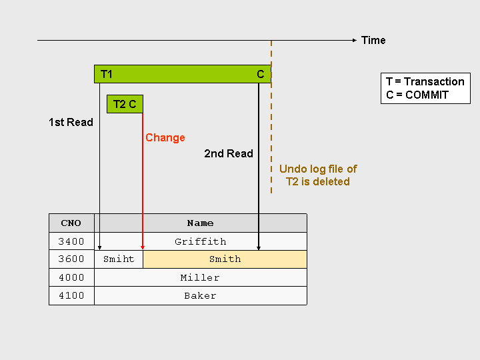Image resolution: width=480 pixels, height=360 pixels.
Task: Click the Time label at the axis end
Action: pyautogui.click(x=373, y=40)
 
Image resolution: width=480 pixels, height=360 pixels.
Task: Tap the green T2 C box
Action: pyautogui.click(x=125, y=104)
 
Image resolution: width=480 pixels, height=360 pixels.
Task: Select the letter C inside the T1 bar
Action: pyautogui.click(x=261, y=74)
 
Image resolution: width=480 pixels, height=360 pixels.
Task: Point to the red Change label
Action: pyautogui.click(x=165, y=137)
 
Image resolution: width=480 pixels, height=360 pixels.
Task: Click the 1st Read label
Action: pyautogui.click(x=71, y=122)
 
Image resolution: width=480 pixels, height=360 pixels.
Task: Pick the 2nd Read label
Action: pyautogui.click(x=229, y=153)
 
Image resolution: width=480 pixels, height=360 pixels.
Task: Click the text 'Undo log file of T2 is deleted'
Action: pyautogui.click(x=318, y=175)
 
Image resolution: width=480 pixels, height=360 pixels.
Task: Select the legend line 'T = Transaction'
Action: pyautogui.click(x=425, y=81)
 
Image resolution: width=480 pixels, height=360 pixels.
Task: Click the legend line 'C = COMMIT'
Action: pyautogui.click(x=417, y=95)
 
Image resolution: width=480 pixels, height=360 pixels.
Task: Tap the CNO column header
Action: pyautogui.click(x=71, y=223)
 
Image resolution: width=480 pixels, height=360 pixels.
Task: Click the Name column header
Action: pyautogui.click(x=200, y=223)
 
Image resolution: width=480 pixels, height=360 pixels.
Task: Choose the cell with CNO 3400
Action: pyautogui.click(x=71, y=241)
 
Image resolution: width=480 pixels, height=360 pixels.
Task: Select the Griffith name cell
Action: pyautogui.click(x=200, y=241)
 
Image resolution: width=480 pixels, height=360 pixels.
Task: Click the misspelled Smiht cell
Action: pyautogui.click(x=119, y=259)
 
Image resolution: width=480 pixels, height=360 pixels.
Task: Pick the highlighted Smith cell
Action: pyautogui.click(x=225, y=259)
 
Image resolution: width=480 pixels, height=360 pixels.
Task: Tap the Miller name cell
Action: pyautogui.click(x=200, y=277)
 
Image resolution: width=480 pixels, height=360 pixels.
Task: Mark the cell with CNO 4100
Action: pyautogui.click(x=71, y=295)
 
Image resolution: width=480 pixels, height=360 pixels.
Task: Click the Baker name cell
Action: pyautogui.click(x=200, y=295)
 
